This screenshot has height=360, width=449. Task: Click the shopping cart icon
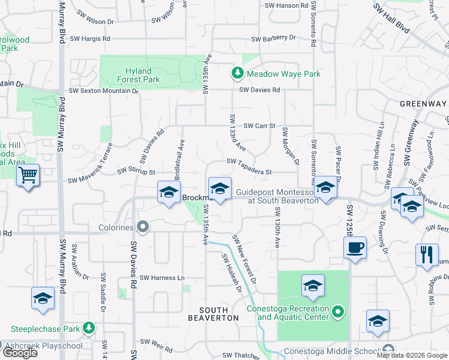point(28,176)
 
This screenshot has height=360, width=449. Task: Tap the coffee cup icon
point(355,247)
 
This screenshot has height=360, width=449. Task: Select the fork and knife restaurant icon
point(427,253)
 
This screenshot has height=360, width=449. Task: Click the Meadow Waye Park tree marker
point(237,73)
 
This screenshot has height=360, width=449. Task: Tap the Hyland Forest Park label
point(139,75)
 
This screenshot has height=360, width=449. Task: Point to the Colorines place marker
point(143,227)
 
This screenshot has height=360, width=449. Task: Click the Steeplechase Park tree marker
point(89,328)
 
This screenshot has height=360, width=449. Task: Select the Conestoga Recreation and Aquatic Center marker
point(337,311)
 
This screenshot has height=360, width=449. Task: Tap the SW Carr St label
point(259,126)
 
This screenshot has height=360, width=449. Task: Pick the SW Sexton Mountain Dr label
point(103,91)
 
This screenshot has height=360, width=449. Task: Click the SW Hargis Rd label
point(90,38)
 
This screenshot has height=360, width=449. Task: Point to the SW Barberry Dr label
point(274,38)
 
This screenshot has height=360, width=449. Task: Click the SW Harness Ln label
point(162,278)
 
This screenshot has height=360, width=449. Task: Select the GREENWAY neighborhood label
point(423,104)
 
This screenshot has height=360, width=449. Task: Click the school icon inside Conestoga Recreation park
point(313,286)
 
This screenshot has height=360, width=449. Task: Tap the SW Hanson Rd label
point(288,5)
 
